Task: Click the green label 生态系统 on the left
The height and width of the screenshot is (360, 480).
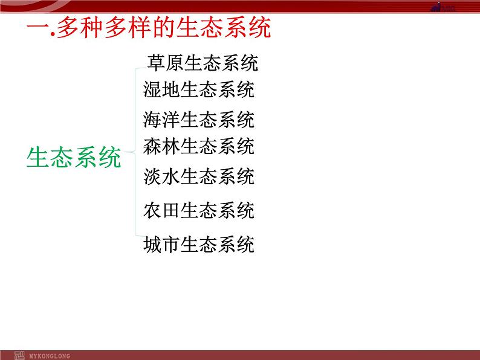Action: pos(74,158)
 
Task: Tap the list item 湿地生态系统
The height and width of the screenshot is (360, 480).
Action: pos(199,90)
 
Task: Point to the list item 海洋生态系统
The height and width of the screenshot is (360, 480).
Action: pos(199,119)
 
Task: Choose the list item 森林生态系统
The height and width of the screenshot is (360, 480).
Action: pos(199,146)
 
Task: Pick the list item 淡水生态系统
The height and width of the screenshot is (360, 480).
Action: pos(199,176)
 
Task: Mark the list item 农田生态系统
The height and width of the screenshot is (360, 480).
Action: pos(199,210)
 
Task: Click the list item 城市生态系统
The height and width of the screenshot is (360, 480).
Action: pos(199,245)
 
